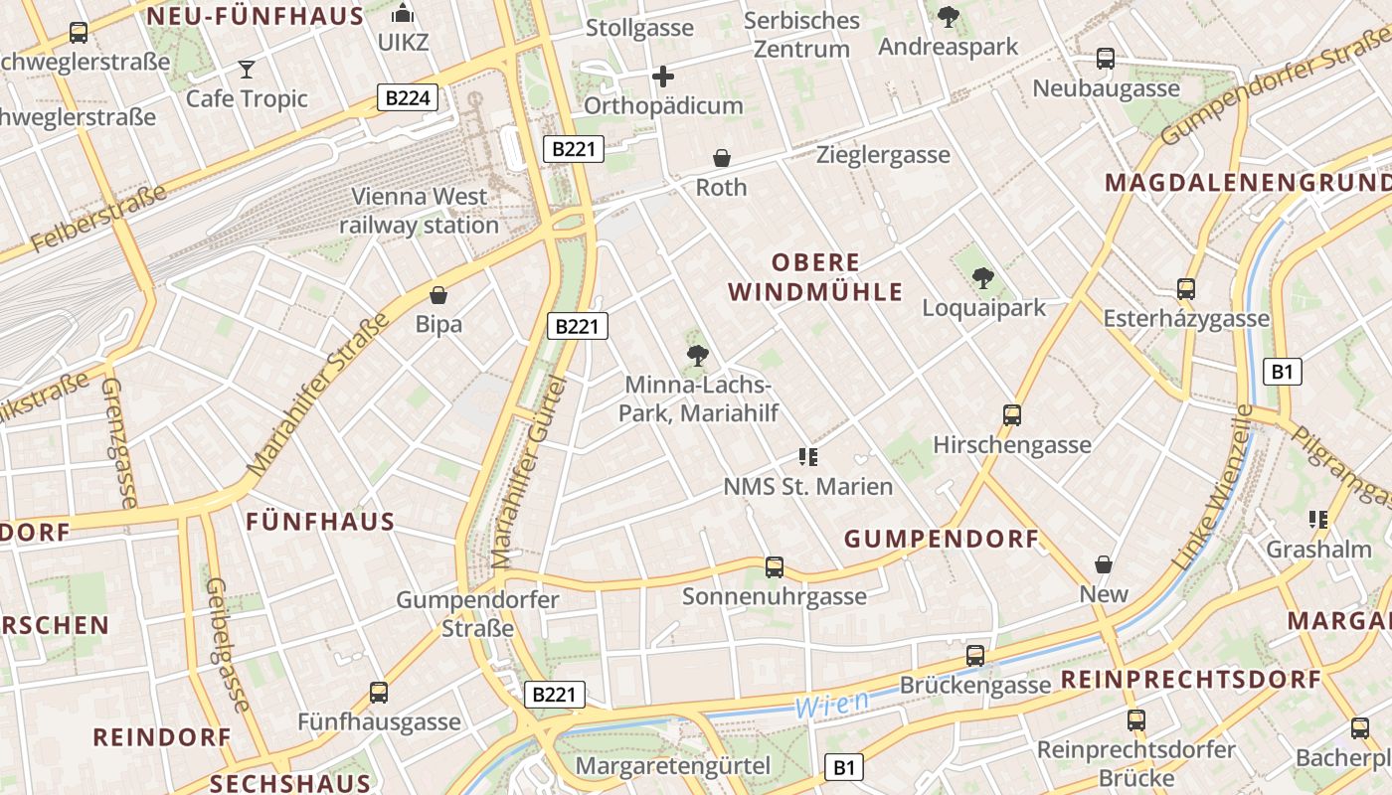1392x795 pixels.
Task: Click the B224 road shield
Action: click(x=408, y=97)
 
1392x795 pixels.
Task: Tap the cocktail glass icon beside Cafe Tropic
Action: click(x=247, y=69)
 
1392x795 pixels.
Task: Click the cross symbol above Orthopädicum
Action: click(x=663, y=77)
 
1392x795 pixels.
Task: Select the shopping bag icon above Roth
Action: click(x=722, y=158)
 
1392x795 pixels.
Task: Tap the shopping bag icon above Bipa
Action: click(x=438, y=295)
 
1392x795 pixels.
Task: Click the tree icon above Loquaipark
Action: click(x=983, y=278)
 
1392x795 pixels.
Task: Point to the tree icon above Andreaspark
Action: click(x=949, y=17)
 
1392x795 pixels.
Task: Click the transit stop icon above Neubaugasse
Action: click(x=1106, y=59)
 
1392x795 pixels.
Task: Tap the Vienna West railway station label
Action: click(x=419, y=211)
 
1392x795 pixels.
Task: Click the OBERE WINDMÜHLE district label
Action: click(x=815, y=277)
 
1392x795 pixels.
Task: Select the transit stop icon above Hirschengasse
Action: click(x=1012, y=415)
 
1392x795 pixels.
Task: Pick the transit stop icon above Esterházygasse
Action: click(x=1186, y=289)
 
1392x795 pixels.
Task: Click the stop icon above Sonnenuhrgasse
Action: click(x=775, y=567)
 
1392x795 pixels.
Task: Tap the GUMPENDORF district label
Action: click(x=942, y=540)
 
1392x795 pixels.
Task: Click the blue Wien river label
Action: click(x=831, y=705)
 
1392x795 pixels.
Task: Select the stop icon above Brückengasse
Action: click(x=975, y=656)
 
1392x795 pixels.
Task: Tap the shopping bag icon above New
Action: click(x=1104, y=565)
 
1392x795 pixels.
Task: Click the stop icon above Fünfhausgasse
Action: click(x=379, y=693)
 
